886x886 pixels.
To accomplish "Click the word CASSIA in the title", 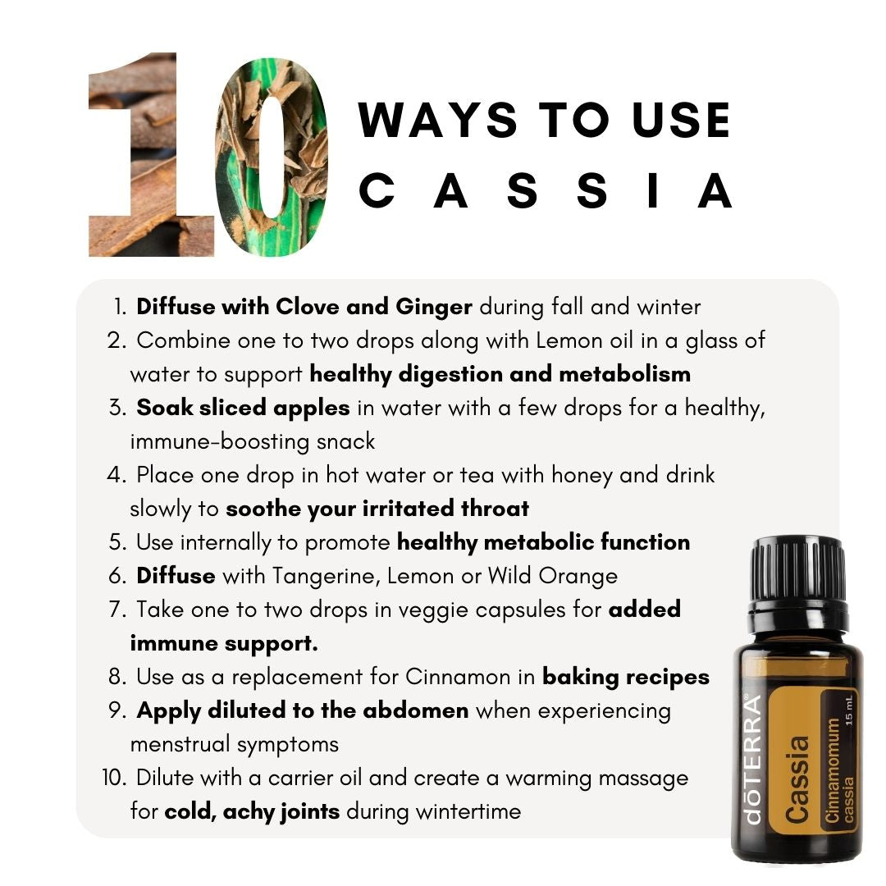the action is [546, 191].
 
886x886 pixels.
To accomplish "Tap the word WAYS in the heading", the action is [437, 120].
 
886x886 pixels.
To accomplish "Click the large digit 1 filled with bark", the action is [152, 154].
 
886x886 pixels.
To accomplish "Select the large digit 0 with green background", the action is [272, 157].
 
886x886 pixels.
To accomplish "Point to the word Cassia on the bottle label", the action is [797, 779].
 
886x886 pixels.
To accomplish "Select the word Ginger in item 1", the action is [434, 308].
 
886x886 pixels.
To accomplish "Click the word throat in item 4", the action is [495, 509].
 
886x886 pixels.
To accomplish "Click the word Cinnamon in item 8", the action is [458, 677].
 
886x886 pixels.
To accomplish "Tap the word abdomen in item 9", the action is [415, 710].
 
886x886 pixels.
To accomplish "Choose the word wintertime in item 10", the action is [468, 812].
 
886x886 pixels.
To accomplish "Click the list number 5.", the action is [117, 542].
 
